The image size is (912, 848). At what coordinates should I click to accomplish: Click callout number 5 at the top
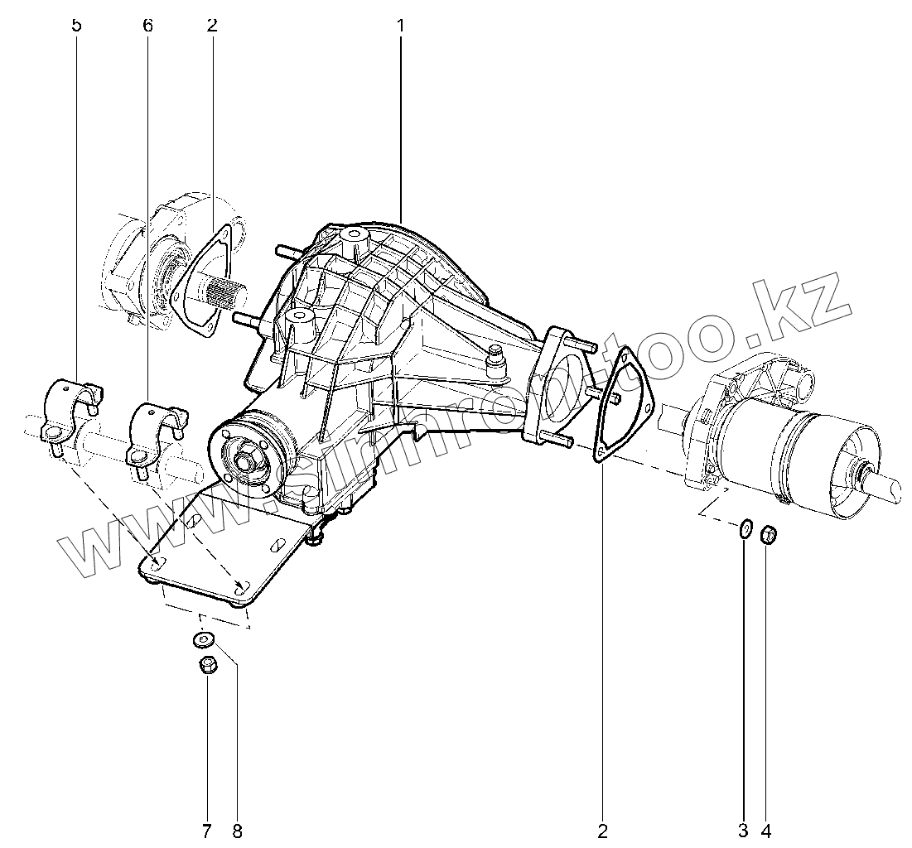pyautogui.click(x=77, y=25)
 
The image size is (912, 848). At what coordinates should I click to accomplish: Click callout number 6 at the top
pyautogui.click(x=147, y=25)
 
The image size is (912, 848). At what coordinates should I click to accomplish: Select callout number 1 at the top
pyautogui.click(x=400, y=25)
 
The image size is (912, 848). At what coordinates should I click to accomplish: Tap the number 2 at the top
pyautogui.click(x=212, y=25)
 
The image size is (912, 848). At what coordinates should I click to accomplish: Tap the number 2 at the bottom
pyautogui.click(x=603, y=829)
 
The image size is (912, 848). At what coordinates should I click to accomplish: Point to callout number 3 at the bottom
pyautogui.click(x=744, y=829)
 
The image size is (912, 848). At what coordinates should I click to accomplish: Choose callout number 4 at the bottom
pyautogui.click(x=766, y=829)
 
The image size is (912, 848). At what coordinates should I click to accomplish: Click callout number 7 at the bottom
pyautogui.click(x=206, y=829)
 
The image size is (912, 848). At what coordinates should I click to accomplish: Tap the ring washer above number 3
pyautogui.click(x=745, y=528)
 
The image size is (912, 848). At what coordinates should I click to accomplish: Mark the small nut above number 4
pyautogui.click(x=768, y=533)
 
